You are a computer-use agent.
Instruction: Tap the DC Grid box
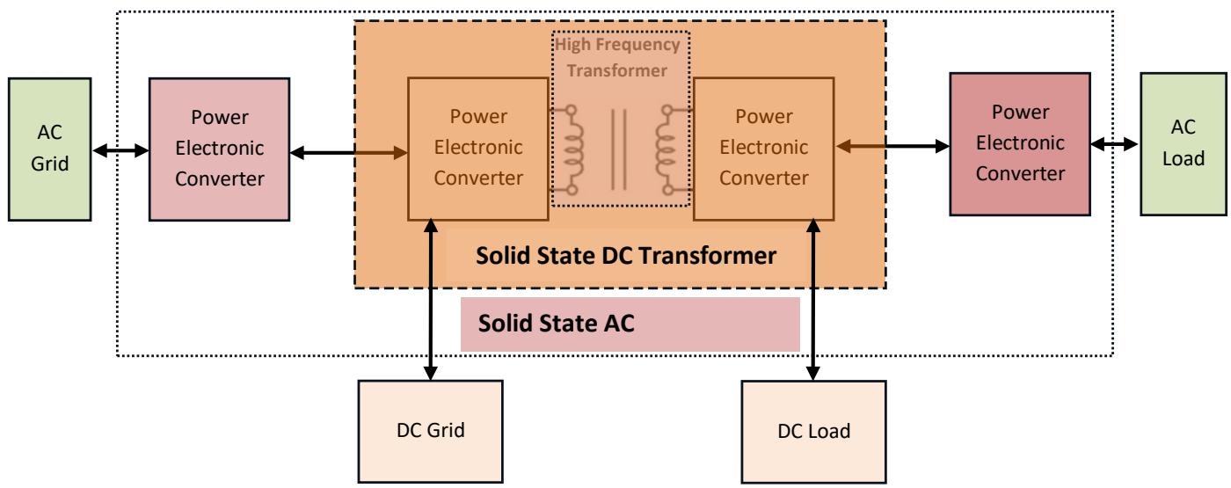(x=430, y=431)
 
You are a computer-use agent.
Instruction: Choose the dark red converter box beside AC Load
(x=1018, y=143)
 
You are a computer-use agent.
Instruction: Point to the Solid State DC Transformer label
(x=625, y=257)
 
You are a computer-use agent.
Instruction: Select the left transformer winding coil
(x=572, y=149)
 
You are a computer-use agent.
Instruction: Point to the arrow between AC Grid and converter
(x=120, y=152)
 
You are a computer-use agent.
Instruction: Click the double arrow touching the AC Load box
(x=1114, y=142)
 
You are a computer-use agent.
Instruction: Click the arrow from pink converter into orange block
(x=348, y=153)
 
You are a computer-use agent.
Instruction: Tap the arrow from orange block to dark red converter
(x=892, y=144)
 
